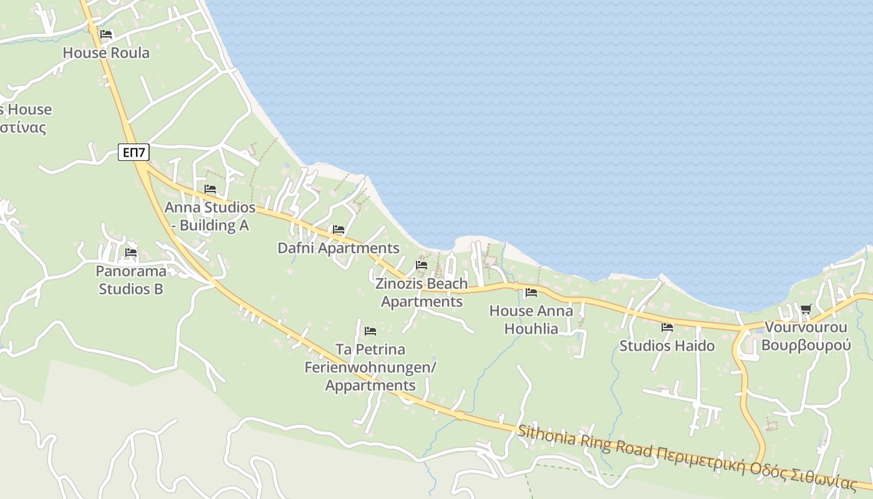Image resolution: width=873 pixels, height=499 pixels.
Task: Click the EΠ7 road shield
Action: (133, 152)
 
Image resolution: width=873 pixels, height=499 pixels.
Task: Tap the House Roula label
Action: (106, 53)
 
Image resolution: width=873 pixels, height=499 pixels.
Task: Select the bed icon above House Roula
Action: (106, 34)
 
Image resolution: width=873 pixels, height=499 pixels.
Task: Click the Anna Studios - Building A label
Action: (210, 216)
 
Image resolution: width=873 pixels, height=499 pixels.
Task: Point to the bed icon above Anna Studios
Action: (210, 189)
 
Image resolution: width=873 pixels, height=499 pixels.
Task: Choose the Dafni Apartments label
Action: (338, 248)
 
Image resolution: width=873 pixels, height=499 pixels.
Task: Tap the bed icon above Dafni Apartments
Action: (339, 230)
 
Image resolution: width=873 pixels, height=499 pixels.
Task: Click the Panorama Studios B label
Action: (131, 280)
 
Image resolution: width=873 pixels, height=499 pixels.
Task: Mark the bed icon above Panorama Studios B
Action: (131, 253)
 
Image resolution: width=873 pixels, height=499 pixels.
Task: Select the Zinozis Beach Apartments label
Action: (422, 293)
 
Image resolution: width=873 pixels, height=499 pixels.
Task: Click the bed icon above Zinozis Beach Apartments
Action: (422, 265)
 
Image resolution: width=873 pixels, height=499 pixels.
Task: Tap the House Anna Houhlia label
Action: (531, 319)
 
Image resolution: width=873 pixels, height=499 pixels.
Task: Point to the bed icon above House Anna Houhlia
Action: (531, 292)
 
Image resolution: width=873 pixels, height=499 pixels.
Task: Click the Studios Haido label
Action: (667, 346)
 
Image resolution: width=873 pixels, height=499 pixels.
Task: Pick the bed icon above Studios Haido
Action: (667, 327)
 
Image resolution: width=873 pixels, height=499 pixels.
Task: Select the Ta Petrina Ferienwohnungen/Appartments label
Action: (370, 367)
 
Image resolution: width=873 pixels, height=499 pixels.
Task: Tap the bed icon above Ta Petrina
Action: (370, 331)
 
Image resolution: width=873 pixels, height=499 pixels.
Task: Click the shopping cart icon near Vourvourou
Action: (806, 309)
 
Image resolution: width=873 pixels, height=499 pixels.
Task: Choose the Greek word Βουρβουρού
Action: (806, 345)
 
